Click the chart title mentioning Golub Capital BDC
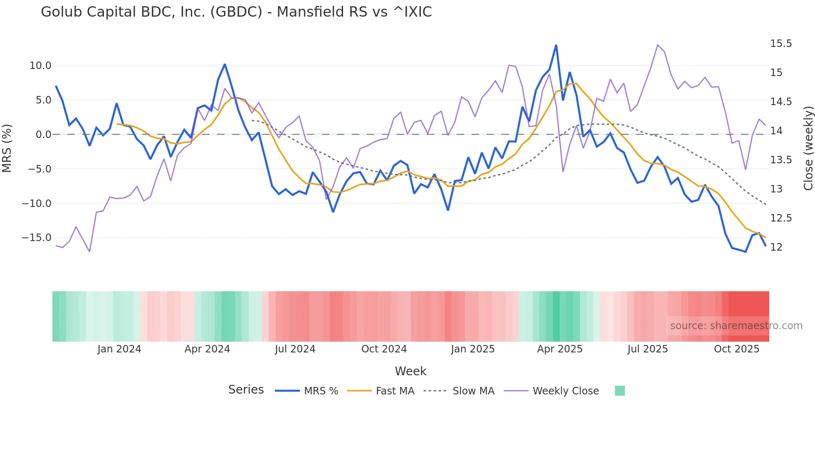(x=236, y=12)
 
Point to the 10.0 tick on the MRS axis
(x=40, y=66)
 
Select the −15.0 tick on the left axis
(x=37, y=238)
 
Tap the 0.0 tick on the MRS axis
(x=43, y=135)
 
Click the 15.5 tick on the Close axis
(x=781, y=44)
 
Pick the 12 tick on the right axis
(x=776, y=247)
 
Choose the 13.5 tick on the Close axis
(x=781, y=160)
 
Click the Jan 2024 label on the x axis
(x=119, y=349)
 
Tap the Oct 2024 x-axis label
(x=384, y=349)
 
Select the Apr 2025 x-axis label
(x=560, y=349)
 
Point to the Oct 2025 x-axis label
(x=736, y=349)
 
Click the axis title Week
(x=410, y=371)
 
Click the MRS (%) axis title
(x=7, y=148)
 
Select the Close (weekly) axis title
(x=808, y=148)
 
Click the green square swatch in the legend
(x=620, y=391)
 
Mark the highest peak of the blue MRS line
(x=556, y=45)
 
